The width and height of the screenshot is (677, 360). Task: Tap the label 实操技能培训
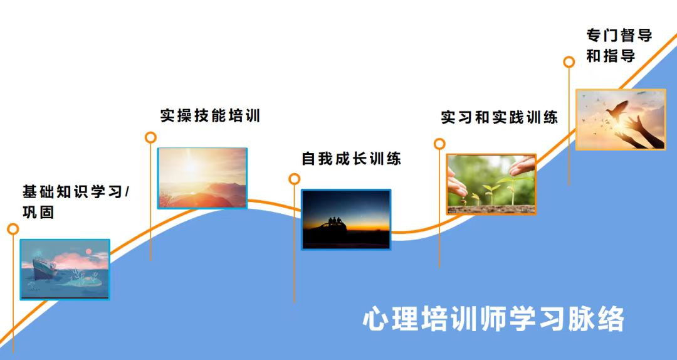(210, 115)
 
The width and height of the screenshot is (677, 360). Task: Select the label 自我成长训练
(351, 159)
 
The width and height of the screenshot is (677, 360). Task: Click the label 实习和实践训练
(499, 117)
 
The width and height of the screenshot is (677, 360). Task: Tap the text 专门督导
(619, 35)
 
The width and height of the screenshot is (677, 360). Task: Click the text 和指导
(611, 56)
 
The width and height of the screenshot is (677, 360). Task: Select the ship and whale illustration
(65, 269)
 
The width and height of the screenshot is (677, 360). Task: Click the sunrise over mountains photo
(202, 178)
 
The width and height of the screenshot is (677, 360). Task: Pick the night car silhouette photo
(346, 219)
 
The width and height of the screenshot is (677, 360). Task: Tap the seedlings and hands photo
(491, 184)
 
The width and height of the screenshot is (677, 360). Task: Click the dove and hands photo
(620, 119)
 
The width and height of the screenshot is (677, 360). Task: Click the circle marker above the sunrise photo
(150, 137)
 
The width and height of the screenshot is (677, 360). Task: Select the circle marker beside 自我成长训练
(294, 179)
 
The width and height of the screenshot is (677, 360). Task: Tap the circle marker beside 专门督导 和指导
(569, 61)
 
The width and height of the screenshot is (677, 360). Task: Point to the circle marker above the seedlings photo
(439, 144)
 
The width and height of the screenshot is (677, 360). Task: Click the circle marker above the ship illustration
(13, 229)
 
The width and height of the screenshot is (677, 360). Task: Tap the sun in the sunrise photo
(190, 167)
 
